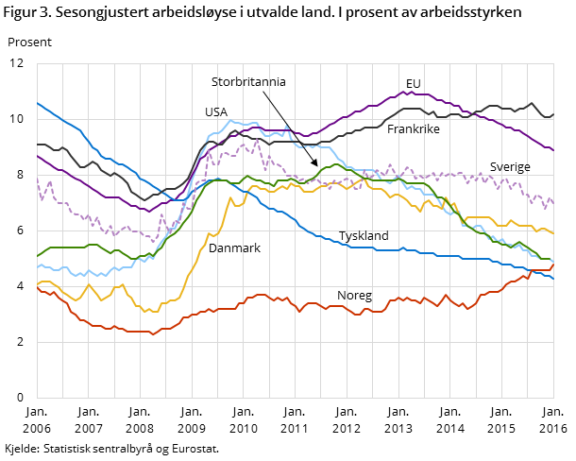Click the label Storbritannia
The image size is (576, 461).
click(248, 82)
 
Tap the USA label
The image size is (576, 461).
click(216, 111)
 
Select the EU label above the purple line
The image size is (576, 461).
click(413, 84)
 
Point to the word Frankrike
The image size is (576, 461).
click(414, 128)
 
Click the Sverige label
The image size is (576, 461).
click(510, 167)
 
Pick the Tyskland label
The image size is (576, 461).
click(364, 235)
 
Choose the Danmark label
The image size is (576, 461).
click(234, 248)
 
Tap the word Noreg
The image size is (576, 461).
click(354, 296)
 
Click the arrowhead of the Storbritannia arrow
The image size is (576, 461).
click(317, 165)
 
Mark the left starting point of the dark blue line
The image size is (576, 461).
click(38, 103)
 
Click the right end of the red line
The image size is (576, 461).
click(553, 265)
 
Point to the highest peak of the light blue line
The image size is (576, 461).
click(232, 121)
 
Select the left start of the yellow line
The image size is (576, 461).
click(38, 283)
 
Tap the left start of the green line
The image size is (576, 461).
click(38, 256)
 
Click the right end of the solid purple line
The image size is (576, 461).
click(553, 150)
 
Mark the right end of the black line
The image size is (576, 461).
click(553, 114)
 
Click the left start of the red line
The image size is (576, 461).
click(38, 288)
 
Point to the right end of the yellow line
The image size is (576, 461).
click(553, 232)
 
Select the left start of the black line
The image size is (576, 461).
click(38, 145)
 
